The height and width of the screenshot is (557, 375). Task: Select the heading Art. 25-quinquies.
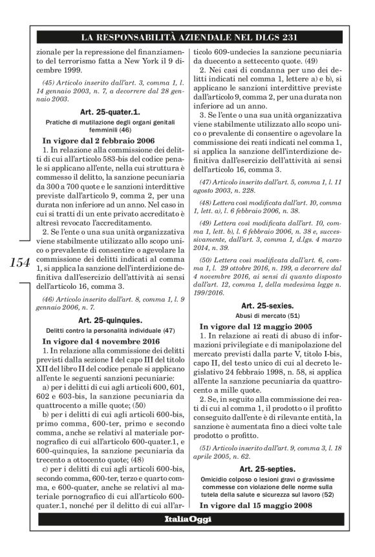109,320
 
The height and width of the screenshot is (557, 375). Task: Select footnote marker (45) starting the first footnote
50,83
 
